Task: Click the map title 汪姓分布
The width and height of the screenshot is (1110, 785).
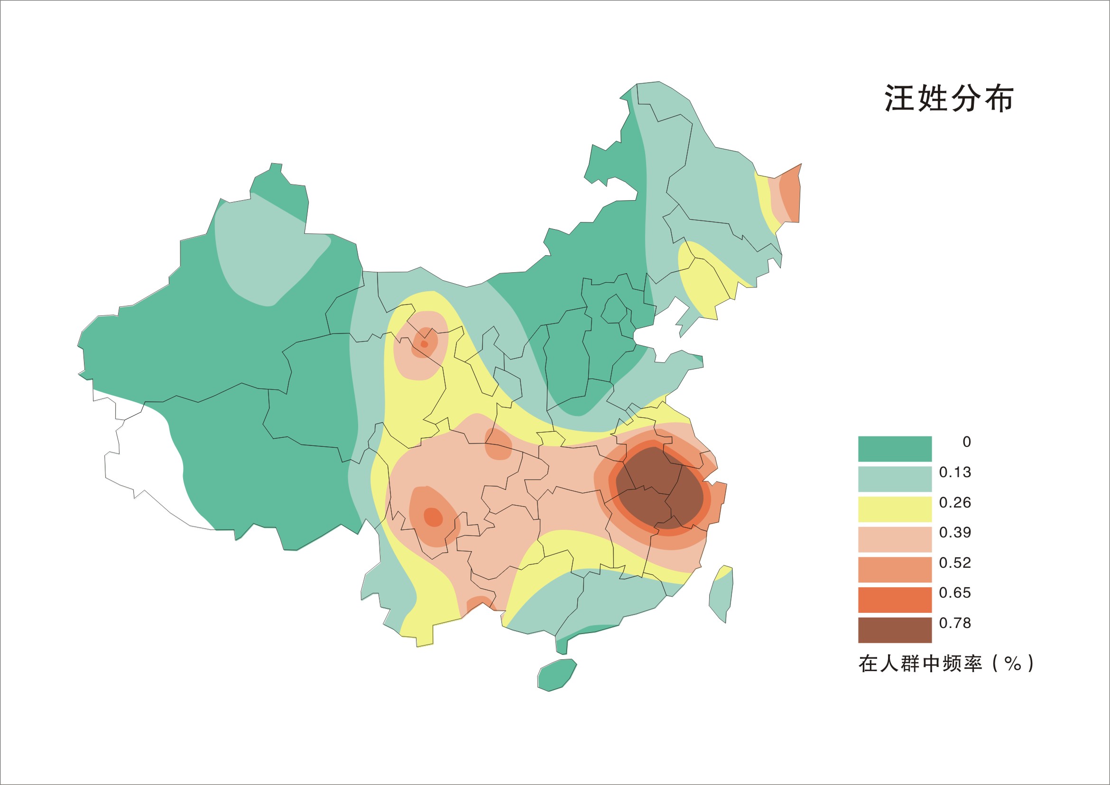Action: (949, 99)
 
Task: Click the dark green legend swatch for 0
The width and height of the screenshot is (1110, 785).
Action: (895, 449)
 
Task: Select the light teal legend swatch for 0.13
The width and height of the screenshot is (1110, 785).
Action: (895, 479)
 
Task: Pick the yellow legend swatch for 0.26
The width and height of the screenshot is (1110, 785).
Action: (895, 509)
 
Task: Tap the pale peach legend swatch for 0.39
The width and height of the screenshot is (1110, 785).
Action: (895, 539)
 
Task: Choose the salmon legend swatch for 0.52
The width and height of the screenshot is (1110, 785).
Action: (895, 569)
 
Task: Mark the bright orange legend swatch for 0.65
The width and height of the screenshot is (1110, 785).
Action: (895, 600)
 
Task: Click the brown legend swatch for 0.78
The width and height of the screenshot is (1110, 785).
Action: (895, 630)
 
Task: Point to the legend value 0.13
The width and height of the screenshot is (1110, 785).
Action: (955, 472)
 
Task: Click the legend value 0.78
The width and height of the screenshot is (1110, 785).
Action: (955, 623)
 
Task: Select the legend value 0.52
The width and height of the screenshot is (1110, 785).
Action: (955, 563)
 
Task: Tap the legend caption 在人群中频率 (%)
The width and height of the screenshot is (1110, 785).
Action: (945, 664)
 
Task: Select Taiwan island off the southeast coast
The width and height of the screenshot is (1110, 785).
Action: (721, 594)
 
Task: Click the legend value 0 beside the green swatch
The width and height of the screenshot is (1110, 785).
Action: (966, 442)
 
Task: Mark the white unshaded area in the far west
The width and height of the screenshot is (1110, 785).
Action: (145, 464)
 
